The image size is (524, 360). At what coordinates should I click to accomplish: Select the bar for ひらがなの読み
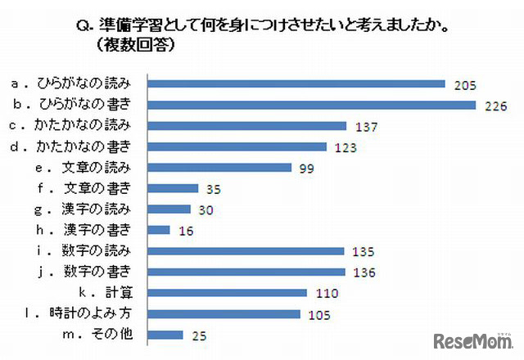[x=297, y=83]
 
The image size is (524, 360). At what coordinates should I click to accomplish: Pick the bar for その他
[x=166, y=334]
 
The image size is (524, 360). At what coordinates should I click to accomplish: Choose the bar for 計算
[x=228, y=292]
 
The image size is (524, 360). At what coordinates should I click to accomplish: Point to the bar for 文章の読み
[x=220, y=167]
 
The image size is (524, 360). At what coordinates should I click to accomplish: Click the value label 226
[x=491, y=106]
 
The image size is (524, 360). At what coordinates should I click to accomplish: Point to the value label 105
[x=316, y=313]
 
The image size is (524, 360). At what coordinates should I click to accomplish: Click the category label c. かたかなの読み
[x=78, y=125]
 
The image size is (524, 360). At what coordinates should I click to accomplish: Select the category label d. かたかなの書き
[x=78, y=146]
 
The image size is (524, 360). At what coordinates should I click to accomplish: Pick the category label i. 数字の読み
[x=95, y=250]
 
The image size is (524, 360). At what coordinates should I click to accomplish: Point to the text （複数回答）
[x=136, y=47]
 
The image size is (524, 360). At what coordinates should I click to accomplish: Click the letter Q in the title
[x=82, y=28]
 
